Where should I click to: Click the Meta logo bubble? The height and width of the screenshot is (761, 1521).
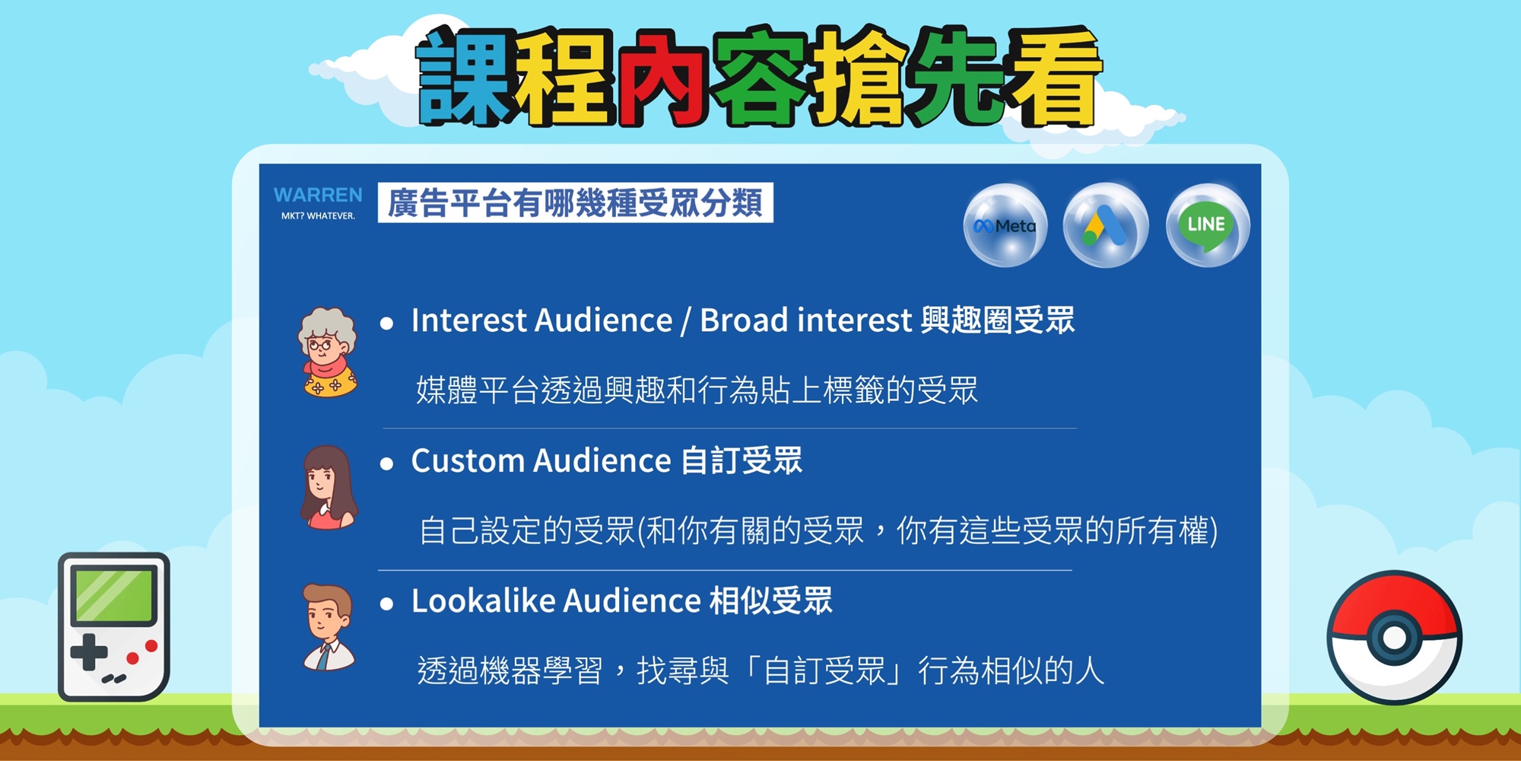[1005, 225]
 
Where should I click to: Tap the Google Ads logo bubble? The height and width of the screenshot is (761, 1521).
[1105, 225]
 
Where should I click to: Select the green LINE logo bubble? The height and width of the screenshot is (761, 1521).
[1207, 225]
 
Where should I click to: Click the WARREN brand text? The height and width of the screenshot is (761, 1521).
[318, 196]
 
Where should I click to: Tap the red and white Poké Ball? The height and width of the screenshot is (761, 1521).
[1394, 638]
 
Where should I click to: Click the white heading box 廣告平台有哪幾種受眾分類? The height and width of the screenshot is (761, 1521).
[576, 202]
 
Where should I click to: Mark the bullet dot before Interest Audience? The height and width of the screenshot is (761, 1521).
[387, 323]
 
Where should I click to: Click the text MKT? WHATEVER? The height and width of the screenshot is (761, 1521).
[318, 216]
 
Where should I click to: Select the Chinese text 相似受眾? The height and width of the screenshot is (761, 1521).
[771, 600]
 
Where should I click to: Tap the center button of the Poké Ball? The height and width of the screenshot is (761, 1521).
[1394, 638]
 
